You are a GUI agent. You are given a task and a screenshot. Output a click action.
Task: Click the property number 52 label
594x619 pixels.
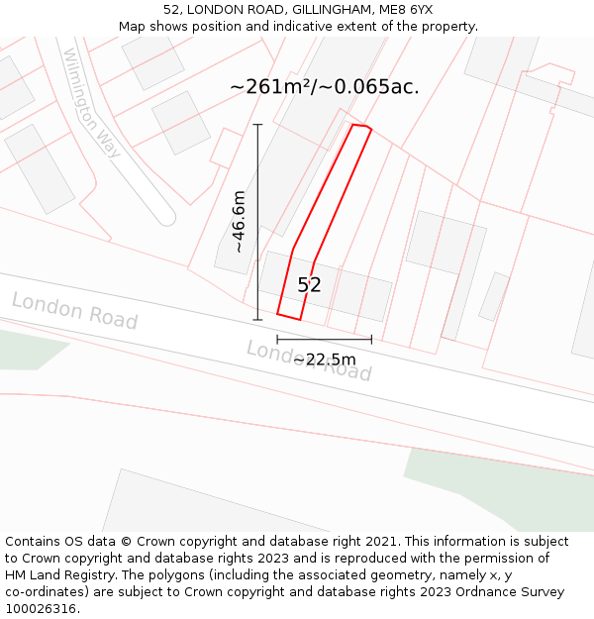pyautogui.click(x=309, y=285)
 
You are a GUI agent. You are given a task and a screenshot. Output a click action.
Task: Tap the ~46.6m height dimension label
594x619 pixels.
pyautogui.click(x=239, y=223)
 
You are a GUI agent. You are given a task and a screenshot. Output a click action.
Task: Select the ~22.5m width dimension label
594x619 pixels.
pyautogui.click(x=325, y=359)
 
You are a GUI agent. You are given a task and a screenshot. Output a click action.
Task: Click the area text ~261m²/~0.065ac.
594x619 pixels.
pyautogui.click(x=324, y=86)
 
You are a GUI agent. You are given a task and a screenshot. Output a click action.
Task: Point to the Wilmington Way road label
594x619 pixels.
pyautogui.click(x=92, y=103)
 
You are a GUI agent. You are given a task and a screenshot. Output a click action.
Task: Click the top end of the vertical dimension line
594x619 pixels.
pyautogui.click(x=257, y=125)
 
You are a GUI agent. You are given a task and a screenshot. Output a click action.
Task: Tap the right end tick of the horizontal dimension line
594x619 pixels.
pyautogui.click(x=371, y=339)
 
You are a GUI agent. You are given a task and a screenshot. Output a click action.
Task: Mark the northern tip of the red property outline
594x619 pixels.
pyautogui.click(x=354, y=125)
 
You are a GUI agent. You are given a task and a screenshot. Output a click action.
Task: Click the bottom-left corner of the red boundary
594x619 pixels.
pyautogui.click(x=277, y=314)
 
